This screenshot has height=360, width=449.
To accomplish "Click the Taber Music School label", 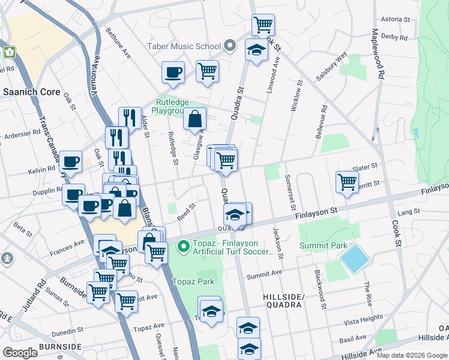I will pyautogui.click(x=184, y=46).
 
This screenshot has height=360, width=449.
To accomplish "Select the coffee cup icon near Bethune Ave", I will pyautogui.click(x=173, y=73).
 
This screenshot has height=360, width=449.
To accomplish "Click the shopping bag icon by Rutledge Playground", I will pyautogui.click(x=195, y=120).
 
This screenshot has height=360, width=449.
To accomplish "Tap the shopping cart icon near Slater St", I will pyautogui.click(x=347, y=182).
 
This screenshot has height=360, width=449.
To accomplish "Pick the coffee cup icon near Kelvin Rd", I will pyautogui.click(x=70, y=162).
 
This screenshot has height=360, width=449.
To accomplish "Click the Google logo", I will pyautogui.click(x=20, y=352).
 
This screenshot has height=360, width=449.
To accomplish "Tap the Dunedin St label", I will pyautogui.click(x=67, y=331).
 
